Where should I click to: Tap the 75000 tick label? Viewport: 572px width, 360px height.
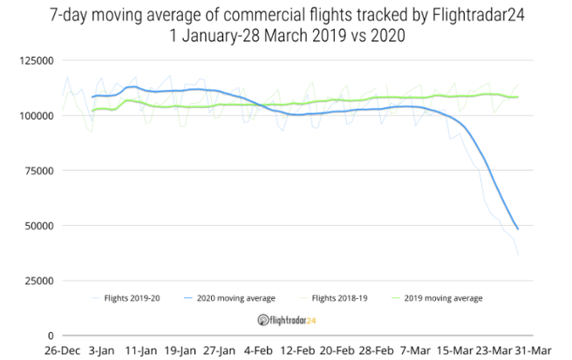[x=37, y=171]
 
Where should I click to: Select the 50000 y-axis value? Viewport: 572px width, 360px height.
[x=37, y=226]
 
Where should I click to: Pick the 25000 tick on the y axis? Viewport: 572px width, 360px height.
[x=37, y=281]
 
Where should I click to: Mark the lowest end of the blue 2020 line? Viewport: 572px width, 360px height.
[x=518, y=229]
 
